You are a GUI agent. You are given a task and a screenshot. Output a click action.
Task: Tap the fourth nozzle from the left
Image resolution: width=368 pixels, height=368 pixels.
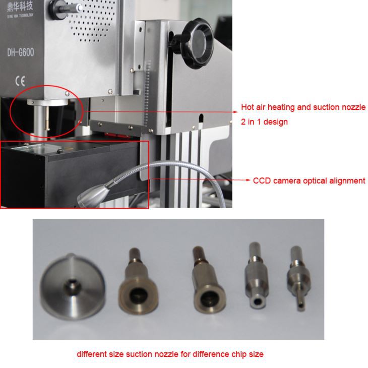256,277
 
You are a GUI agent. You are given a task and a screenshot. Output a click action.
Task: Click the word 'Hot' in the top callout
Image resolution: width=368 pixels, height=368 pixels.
247,107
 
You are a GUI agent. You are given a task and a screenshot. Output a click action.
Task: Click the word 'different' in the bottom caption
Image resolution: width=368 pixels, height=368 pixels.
92,354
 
